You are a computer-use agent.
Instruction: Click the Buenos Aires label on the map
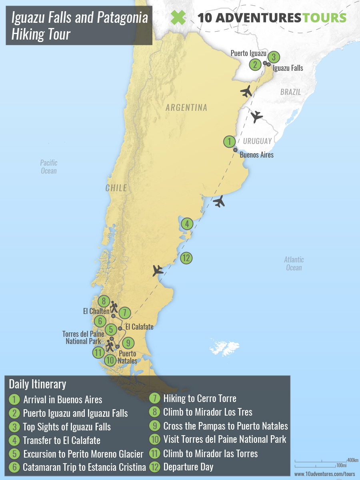pos(256,155)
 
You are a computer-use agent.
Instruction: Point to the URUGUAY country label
pos(257,141)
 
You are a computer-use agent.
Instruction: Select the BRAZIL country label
pos(290,92)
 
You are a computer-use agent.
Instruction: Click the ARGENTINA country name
pos(186,108)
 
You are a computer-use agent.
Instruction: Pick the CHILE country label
pos(116,188)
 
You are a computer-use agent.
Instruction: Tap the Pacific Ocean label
pos(48,167)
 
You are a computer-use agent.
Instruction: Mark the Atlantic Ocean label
pos(294,264)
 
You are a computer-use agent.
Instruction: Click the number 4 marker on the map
pos(187,224)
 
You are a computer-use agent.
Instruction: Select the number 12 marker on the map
pos(186,258)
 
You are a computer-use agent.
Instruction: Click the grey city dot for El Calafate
pos(120,328)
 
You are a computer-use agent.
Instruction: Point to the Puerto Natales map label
pos(128,357)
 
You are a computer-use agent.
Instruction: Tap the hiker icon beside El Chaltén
pos(114,307)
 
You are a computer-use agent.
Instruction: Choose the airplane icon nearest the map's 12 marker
pos(158,271)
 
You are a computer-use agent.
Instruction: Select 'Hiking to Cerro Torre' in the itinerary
pos(200,398)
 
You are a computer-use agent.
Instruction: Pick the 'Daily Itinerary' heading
pos(37,384)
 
